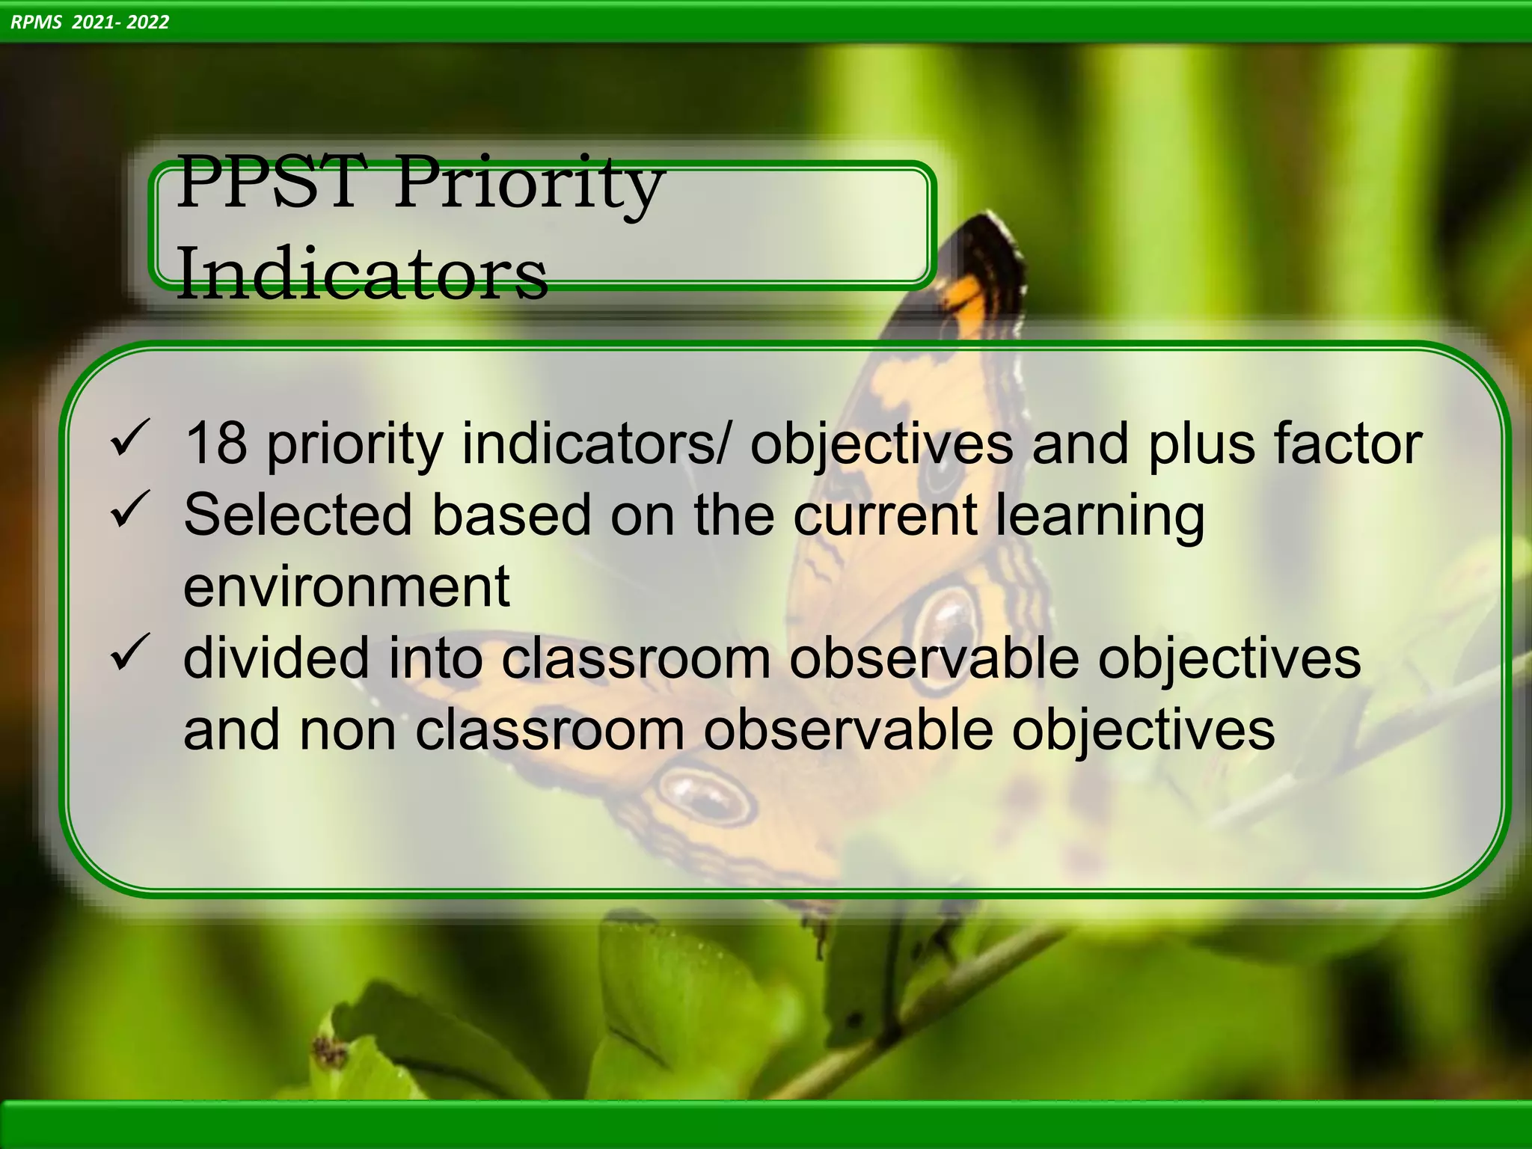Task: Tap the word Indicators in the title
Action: pos(362,274)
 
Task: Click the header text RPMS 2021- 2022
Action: pos(90,22)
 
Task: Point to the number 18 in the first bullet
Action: pos(215,443)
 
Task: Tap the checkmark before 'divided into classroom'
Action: pos(130,652)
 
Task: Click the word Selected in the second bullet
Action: pos(298,515)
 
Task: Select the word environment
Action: pos(346,586)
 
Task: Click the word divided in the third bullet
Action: pos(276,658)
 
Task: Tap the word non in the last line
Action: pos(347,729)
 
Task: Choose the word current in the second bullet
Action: pos(885,515)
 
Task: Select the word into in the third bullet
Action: pos(435,658)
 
